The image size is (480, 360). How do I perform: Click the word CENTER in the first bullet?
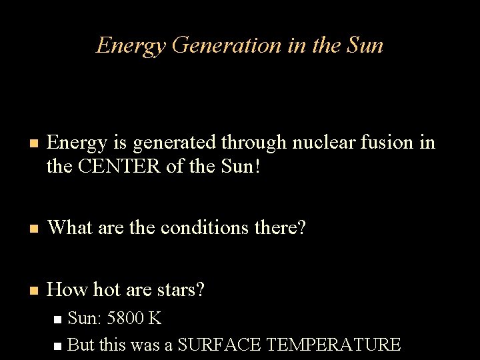(121, 166)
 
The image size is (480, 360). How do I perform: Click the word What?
(71, 227)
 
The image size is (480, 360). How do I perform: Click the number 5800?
(125, 318)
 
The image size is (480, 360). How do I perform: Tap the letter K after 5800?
(155, 318)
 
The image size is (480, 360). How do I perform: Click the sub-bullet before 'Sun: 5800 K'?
(58, 319)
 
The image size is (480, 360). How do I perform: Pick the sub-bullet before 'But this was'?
(58, 346)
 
